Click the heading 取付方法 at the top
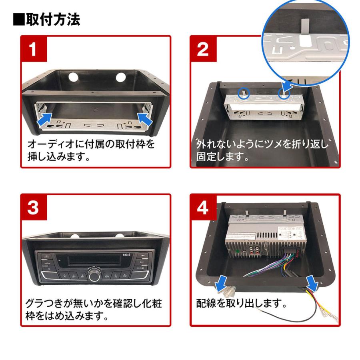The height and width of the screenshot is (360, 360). click(47, 19)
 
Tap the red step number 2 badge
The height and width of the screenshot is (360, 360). click(203, 50)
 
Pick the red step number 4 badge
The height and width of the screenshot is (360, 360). click(203, 208)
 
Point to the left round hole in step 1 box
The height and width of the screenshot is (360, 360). click(74, 77)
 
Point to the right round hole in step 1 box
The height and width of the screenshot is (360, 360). click(121, 77)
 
